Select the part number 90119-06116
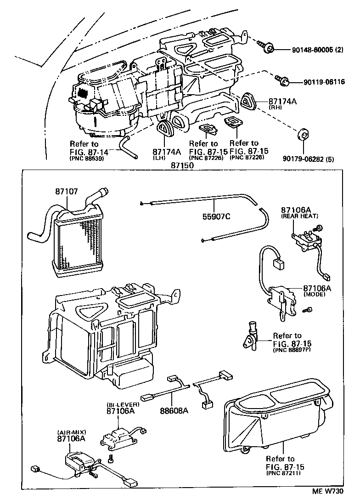(x=324, y=82)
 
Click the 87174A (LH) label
(x=164, y=152)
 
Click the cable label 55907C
(x=216, y=216)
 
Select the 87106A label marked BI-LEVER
(x=121, y=410)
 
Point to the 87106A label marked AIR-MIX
(x=71, y=438)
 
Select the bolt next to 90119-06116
(x=282, y=81)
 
